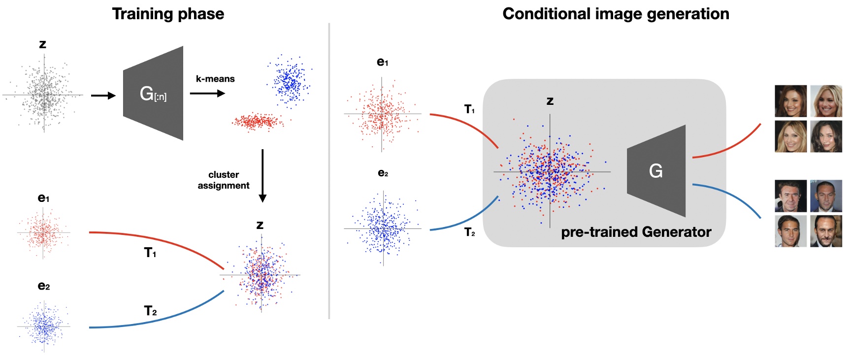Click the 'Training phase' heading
pyautogui.click(x=168, y=14)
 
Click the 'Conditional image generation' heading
pyautogui.click(x=616, y=14)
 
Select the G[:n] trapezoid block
pyautogui.click(x=153, y=94)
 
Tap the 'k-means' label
pyautogui.click(x=215, y=79)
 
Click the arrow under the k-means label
pyautogui.click(x=207, y=93)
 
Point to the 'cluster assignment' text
pyautogui.click(x=224, y=180)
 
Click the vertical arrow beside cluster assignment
pyautogui.click(x=262, y=175)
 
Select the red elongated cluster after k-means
pyautogui.click(x=257, y=121)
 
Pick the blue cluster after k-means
pyautogui.click(x=290, y=82)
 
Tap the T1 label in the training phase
pyautogui.click(x=150, y=253)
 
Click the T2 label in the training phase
pyautogui.click(x=150, y=311)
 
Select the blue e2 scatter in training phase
pyautogui.click(x=44, y=326)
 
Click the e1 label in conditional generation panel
pyautogui.click(x=383, y=62)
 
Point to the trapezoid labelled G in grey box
pyautogui.click(x=656, y=171)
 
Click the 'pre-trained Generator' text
pyautogui.click(x=636, y=232)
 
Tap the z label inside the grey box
pyautogui.click(x=550, y=101)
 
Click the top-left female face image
pyautogui.click(x=790, y=101)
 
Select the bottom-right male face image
pyautogui.click(x=826, y=231)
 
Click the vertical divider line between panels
pyautogui.click(x=329, y=172)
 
